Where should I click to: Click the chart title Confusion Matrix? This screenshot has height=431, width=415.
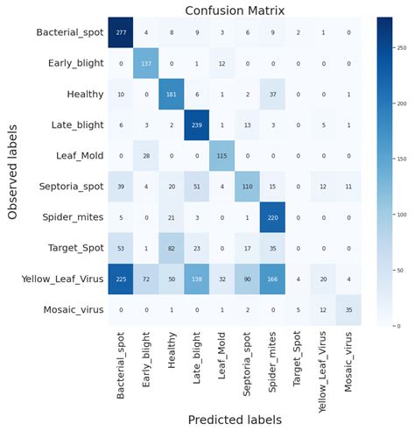click(x=234, y=11)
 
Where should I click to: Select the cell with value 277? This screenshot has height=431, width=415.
click(x=122, y=33)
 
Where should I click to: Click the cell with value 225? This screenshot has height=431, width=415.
click(x=122, y=279)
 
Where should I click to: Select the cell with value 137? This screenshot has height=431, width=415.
click(x=147, y=64)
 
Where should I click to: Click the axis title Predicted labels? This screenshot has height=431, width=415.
click(x=234, y=420)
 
